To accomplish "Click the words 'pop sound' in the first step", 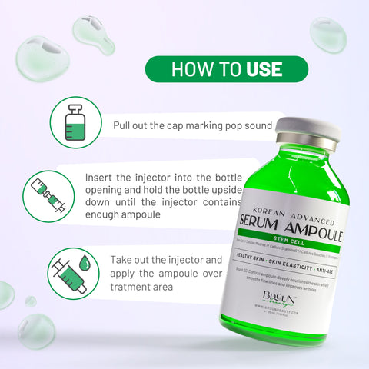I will point(250,125).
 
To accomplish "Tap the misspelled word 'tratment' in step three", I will point(136,287).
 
